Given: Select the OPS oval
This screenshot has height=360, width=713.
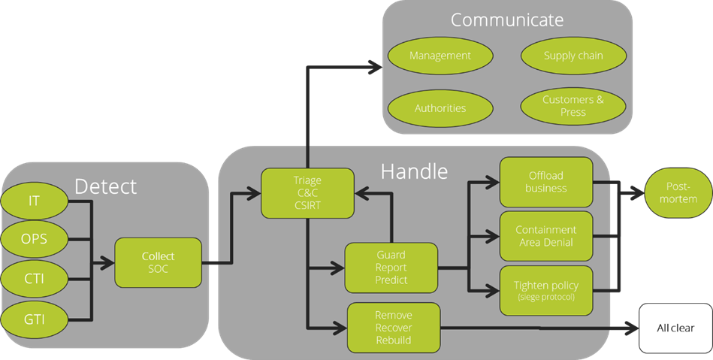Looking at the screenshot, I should point(35,239).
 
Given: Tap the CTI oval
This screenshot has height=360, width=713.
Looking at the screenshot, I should point(35,280).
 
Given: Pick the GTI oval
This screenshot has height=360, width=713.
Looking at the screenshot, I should point(35,319).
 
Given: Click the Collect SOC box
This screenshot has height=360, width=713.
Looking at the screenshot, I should point(158,262).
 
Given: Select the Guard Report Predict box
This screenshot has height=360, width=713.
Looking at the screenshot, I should point(391,268).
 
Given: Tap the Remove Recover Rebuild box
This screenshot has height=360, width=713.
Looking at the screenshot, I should point(394,328).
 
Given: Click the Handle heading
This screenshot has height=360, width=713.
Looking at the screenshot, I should point(414,171).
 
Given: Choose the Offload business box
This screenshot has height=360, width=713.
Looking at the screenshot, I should point(546,181).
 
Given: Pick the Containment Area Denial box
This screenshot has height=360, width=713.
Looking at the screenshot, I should point(546,235).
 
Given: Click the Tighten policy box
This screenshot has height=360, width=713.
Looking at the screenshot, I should point(546,289).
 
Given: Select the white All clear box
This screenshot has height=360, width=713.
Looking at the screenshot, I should point(675,328).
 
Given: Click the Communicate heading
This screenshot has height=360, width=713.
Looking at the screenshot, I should point(508,20).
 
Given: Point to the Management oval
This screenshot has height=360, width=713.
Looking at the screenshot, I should point(440,56).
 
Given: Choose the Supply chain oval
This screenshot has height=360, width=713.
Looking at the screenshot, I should point(573,56).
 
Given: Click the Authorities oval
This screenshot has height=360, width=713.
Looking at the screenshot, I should point(440,108).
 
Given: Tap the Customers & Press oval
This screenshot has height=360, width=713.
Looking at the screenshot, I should point(573,106).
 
